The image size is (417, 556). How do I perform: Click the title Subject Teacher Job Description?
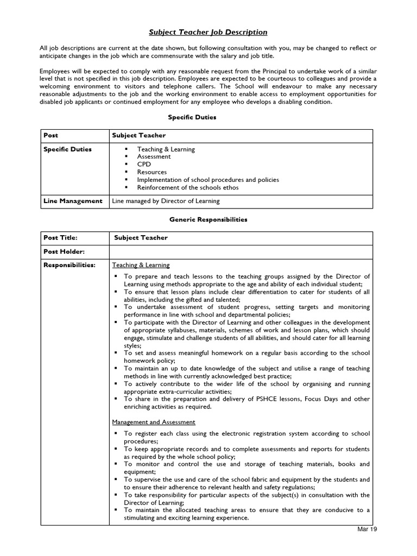tap(208, 32)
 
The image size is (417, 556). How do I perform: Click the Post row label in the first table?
tap(51, 135)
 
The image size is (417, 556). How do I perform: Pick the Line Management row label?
tap(73, 201)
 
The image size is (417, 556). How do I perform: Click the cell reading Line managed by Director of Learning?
tap(166, 201)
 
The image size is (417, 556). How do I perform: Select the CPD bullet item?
tap(144, 164)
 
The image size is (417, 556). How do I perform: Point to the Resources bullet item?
tap(151, 172)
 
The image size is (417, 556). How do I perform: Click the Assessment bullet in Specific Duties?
tap(154, 156)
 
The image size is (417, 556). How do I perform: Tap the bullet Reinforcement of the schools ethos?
tap(187, 187)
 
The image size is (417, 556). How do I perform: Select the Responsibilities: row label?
tap(69, 265)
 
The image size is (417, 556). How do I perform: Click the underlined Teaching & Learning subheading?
tap(141, 265)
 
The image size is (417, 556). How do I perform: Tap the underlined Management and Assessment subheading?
tap(154, 422)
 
